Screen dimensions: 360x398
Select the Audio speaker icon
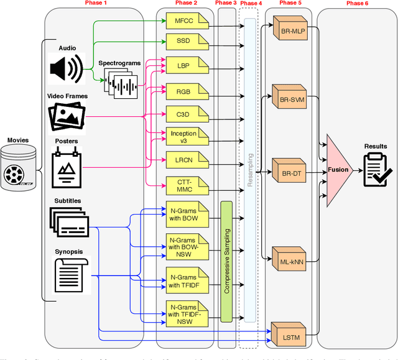click(66, 67)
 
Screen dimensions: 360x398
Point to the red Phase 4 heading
click(251, 4)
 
